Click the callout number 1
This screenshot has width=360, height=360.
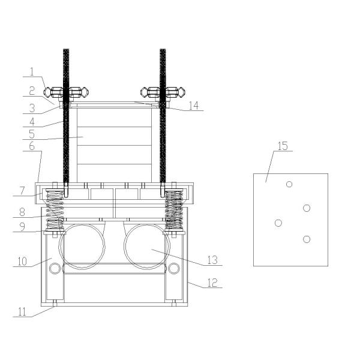pyautogui.click(x=32, y=72)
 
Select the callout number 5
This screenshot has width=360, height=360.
pyautogui.click(x=32, y=134)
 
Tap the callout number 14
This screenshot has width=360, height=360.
pyautogui.click(x=193, y=106)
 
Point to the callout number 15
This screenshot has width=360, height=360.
pyautogui.click(x=283, y=146)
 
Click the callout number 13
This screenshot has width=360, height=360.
pyautogui.click(x=212, y=260)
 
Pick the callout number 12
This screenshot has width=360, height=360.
pyautogui.click(x=212, y=283)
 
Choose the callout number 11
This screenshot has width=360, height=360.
pyautogui.click(x=23, y=312)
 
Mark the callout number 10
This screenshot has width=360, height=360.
pyautogui.click(x=22, y=262)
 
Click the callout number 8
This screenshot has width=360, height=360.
pyautogui.click(x=22, y=212)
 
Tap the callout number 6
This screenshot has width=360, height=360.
pyautogui.click(x=32, y=146)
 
